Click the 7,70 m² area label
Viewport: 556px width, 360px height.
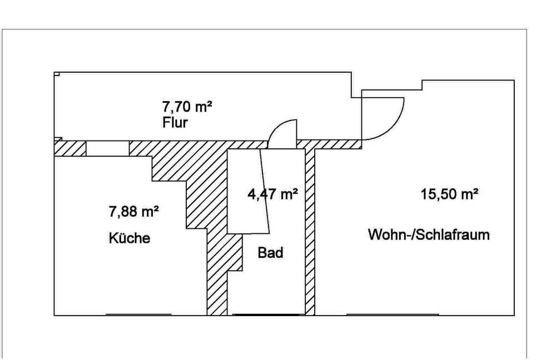(187, 106)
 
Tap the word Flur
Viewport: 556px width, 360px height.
(175, 123)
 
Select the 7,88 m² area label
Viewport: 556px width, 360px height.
(133, 212)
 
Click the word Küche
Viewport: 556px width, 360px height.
(130, 238)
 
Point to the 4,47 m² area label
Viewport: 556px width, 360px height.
(272, 194)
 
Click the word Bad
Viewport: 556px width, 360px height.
(271, 253)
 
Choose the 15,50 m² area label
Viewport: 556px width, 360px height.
(450, 194)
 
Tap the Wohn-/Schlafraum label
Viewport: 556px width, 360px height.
(429, 234)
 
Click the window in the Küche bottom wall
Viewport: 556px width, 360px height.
(138, 314)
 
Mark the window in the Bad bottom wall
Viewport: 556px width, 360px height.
(266, 314)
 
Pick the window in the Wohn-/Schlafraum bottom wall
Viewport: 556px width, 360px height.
(393, 314)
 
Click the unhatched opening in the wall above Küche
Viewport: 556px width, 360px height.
(107, 148)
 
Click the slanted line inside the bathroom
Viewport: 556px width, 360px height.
(265, 191)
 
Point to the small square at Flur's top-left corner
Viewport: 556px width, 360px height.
(57, 74)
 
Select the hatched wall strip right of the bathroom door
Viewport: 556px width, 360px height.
(329, 144)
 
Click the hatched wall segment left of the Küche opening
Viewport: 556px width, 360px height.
(70, 148)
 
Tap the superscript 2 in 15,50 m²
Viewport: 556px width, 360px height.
(475, 190)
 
